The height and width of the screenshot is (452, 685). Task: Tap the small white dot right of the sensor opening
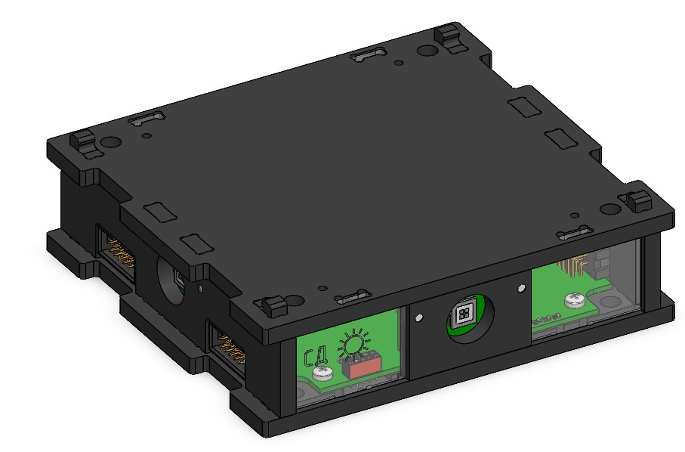coord(520,288)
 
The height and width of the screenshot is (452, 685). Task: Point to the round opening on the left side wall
coord(172,282)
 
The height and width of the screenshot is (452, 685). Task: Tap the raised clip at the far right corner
coord(639,201)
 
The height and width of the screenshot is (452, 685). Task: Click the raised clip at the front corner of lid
coord(273,306)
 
